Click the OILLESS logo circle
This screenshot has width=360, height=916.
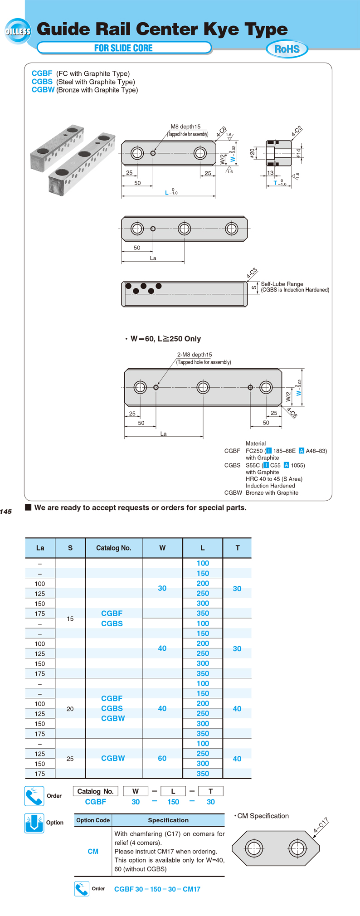18,31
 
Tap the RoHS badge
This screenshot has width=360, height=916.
287,49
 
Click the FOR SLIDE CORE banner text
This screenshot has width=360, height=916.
123,48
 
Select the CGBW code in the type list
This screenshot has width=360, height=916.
43,90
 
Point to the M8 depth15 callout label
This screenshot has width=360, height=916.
185,127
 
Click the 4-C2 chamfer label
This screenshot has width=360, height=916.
297,131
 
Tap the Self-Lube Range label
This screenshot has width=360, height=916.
282,284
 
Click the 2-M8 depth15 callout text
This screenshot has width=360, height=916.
195,355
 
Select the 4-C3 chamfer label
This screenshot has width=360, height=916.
252,273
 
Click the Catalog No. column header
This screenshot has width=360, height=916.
113,548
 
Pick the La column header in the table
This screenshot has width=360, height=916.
40,548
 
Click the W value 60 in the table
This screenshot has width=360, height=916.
162,758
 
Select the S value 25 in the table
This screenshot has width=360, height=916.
70,759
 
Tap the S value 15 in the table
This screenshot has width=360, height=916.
70,619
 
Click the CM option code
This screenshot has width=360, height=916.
93,851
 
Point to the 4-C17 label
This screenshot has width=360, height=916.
321,826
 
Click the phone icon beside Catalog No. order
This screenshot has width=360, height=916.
34,796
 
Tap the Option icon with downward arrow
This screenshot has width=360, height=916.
34,823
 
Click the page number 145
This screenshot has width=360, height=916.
6,512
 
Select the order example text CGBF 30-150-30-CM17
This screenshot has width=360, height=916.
157,889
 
